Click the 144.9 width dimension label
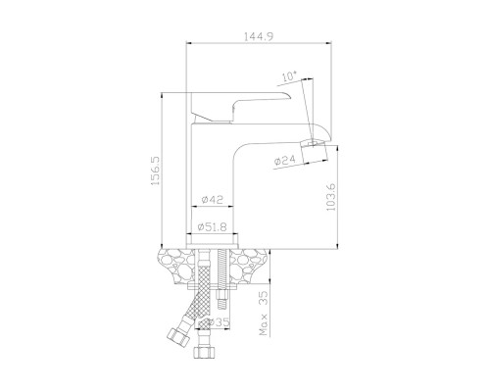click(259, 36)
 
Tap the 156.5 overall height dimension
click(155, 171)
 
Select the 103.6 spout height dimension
click(331, 197)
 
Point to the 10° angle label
click(289, 76)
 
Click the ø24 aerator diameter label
click(285, 160)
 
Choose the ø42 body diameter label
click(212, 199)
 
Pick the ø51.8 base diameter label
click(212, 226)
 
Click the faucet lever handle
click(240, 106)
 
